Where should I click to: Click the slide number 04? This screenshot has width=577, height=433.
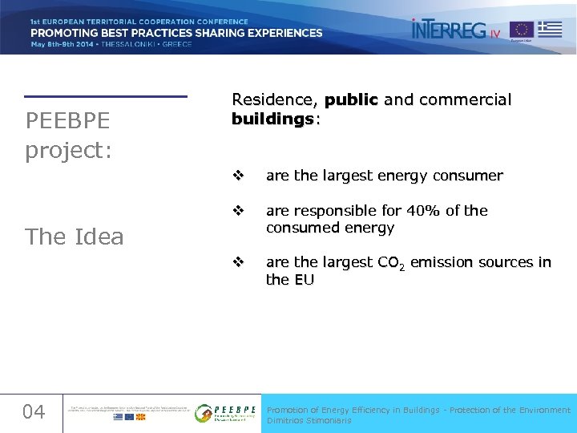pos(34,412)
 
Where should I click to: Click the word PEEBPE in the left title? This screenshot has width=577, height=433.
pos(67,121)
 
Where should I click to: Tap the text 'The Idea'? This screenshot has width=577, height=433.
pos(75,237)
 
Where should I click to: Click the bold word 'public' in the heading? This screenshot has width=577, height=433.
pos(352,100)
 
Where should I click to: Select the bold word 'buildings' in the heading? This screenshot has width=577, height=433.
pos(272,119)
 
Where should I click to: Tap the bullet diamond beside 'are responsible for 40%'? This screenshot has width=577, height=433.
pos(237,211)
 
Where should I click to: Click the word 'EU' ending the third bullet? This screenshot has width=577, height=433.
pos(304,280)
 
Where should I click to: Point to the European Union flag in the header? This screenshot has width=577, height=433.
pos(522,30)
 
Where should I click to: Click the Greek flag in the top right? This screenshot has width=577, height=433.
pos(550,29)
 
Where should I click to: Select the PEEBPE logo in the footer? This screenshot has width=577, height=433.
pos(226,413)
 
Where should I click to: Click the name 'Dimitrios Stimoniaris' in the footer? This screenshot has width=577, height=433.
pos(309,420)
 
